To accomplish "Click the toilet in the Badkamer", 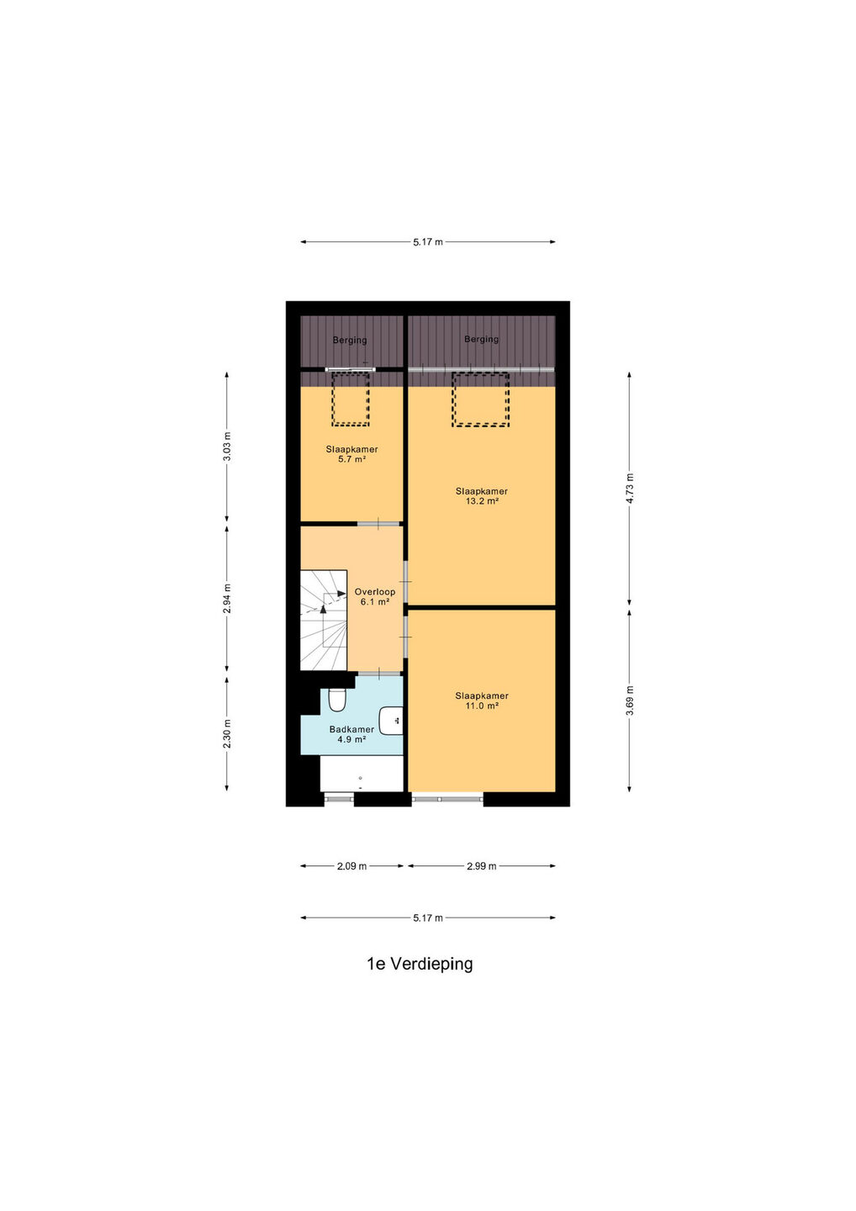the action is click(337, 701).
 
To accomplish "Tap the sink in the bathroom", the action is click(391, 721).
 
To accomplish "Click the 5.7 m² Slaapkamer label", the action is click(351, 454).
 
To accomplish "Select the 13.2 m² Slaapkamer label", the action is click(482, 496).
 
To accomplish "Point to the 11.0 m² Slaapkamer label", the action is click(482, 701).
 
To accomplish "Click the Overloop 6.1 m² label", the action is click(374, 596).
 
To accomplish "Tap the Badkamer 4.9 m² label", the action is click(351, 734).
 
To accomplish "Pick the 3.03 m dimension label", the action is click(227, 447).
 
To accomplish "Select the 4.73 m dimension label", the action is click(630, 488).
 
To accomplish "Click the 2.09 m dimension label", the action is click(351, 866).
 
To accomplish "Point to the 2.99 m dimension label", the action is click(482, 866).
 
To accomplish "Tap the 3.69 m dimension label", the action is click(630, 701).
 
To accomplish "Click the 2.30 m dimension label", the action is click(227, 733).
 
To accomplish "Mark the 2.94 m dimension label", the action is click(227, 599).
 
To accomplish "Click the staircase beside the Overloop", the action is click(324, 620).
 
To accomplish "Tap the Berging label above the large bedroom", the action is click(482, 339).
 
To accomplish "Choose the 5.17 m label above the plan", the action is click(428, 242).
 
